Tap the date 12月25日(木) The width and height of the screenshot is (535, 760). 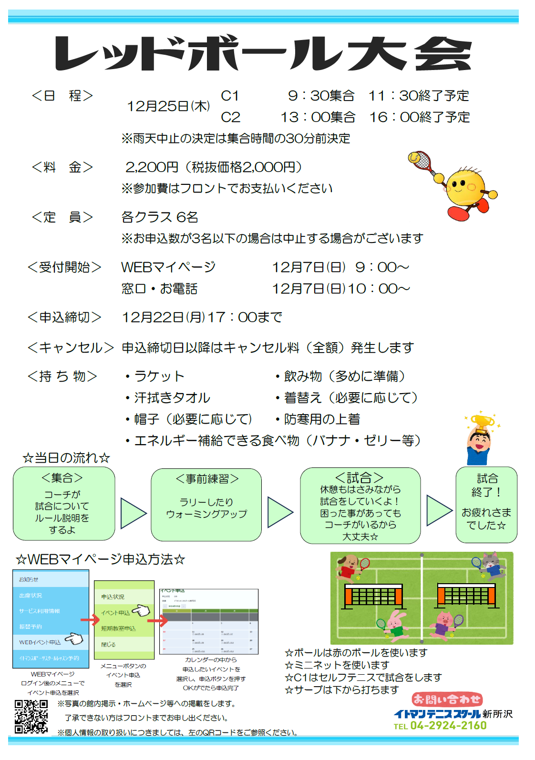(168, 106)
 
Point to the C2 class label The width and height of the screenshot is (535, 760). (230, 117)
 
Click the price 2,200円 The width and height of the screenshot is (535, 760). (152, 167)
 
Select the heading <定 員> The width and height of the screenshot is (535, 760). (62, 217)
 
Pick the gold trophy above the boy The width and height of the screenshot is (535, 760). (482, 422)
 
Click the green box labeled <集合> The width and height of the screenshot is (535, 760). (64, 504)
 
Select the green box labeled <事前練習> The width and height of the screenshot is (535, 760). (206, 505)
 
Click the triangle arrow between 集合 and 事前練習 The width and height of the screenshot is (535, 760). (133, 513)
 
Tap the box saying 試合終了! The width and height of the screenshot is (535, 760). (486, 505)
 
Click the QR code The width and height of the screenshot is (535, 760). (31, 716)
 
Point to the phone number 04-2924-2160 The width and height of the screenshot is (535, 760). (448, 726)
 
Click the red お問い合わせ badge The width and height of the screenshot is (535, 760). (447, 699)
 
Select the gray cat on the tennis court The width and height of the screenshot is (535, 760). (491, 565)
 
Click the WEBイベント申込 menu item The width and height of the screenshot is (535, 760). (40, 642)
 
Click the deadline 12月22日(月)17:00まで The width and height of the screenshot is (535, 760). (202, 317)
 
